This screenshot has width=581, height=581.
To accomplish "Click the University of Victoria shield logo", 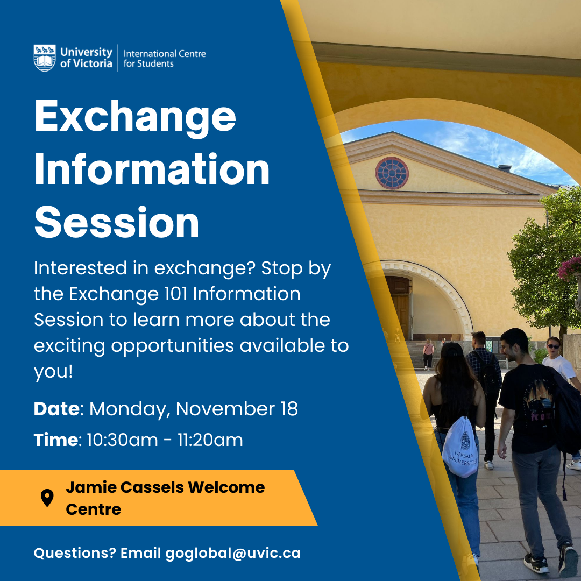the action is pyautogui.click(x=45, y=58).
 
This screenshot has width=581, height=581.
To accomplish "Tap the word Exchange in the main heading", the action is pyautogui.click(x=135, y=118).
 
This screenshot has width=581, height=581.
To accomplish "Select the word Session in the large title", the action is pyautogui.click(x=117, y=222).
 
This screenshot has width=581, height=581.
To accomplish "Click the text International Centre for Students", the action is pyautogui.click(x=165, y=59).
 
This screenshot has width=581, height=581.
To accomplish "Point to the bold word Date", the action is pyautogui.click(x=56, y=409).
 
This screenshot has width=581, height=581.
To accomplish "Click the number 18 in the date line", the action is pyautogui.click(x=289, y=409).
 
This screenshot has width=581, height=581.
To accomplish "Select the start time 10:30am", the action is pyautogui.click(x=122, y=440).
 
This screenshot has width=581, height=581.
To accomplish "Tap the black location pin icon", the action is pyautogui.click(x=47, y=498).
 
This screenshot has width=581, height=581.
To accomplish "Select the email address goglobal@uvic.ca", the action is pyautogui.click(x=233, y=553).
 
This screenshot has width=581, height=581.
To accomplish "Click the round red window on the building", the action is pyautogui.click(x=392, y=173).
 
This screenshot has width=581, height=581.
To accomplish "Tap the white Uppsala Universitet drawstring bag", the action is pyautogui.click(x=460, y=447).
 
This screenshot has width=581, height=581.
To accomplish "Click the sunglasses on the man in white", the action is pyautogui.click(x=554, y=346).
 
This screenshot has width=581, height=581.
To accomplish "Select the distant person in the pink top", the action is pyautogui.click(x=428, y=354).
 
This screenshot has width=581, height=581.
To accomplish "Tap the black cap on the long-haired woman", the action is pyautogui.click(x=452, y=350).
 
